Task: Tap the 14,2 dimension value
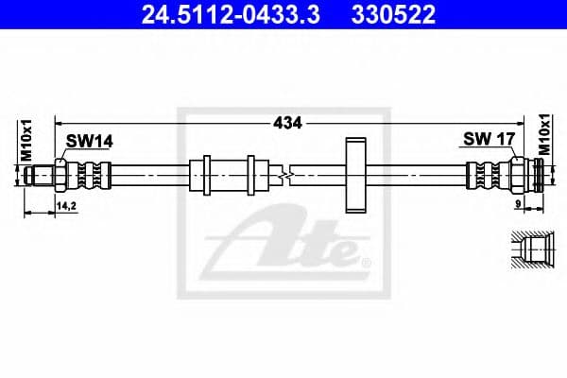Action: coord(67,204)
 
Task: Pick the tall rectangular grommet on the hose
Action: coord(355,175)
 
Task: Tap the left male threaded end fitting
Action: coord(43,176)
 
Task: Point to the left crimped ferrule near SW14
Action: coord(90,176)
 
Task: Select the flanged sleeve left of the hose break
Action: coord(223,176)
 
